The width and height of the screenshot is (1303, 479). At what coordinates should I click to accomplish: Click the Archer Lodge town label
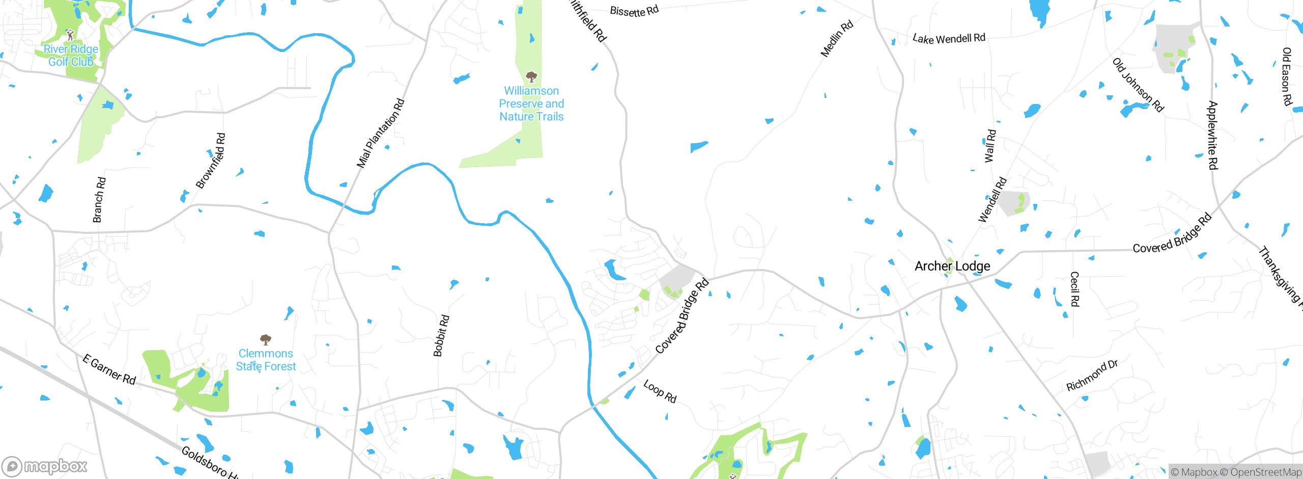coord(952,266)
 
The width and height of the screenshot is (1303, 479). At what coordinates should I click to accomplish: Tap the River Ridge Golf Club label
coord(71,56)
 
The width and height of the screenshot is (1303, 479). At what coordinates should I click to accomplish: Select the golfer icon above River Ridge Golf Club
coord(70,35)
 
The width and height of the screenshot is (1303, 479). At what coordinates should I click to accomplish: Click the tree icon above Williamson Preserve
coord(531,77)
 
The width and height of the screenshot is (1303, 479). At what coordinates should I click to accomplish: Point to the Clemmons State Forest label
coord(265,360)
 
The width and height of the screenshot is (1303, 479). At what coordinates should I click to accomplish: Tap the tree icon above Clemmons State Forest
coord(265,339)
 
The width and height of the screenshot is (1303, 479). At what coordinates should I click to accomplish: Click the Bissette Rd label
coord(634,11)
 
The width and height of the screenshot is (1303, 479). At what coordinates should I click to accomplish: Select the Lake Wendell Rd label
coord(949,38)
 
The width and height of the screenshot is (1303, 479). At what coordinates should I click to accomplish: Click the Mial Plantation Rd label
coord(380,134)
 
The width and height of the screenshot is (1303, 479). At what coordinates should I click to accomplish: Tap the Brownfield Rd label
coord(210,161)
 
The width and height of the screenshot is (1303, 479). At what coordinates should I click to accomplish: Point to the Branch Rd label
coord(99,200)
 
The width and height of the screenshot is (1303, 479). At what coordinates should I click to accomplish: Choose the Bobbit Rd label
coord(441,336)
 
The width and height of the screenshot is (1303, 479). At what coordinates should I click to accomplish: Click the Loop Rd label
coord(660,391)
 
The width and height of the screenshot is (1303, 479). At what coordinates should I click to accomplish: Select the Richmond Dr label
coord(1092,376)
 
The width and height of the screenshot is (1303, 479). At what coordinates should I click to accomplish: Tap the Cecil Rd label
coord(1074,289)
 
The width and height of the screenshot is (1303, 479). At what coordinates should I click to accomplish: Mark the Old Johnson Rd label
coord(1138,85)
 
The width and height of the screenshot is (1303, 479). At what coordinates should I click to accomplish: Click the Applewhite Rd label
coord(1212,136)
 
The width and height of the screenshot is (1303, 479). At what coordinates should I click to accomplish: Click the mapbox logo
coord(44,466)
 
